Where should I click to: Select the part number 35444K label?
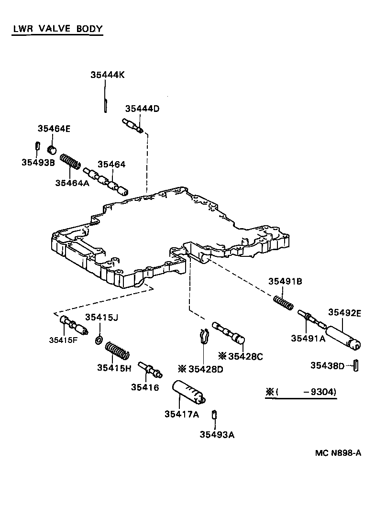click(x=108, y=75)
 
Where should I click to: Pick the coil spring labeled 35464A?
click(x=70, y=161)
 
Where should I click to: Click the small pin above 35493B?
click(x=38, y=145)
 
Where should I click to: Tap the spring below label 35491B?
click(x=283, y=303)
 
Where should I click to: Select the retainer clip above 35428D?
click(x=203, y=338)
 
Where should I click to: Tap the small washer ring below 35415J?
click(x=99, y=340)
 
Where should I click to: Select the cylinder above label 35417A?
click(x=189, y=393)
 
